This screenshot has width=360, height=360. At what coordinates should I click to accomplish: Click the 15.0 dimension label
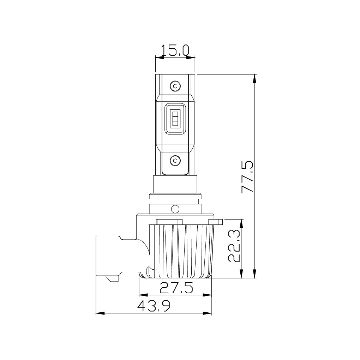click(175, 51)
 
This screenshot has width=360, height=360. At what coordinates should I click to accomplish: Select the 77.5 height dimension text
click(247, 177)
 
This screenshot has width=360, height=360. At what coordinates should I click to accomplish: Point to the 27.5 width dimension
click(176, 288)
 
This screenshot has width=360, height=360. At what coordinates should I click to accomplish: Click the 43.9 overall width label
click(154, 306)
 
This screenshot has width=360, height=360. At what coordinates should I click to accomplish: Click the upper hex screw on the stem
click(175, 86)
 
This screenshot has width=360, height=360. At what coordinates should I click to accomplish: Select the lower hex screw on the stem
click(175, 161)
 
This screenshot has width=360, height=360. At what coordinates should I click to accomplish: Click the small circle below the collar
click(175, 209)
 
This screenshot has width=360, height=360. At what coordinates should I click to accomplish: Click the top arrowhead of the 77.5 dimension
click(255, 78)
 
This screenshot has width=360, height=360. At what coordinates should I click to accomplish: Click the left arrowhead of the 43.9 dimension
click(99, 313)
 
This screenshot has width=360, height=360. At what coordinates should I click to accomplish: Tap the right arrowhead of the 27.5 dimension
click(209, 295)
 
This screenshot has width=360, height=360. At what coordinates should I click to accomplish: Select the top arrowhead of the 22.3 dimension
click(241, 223)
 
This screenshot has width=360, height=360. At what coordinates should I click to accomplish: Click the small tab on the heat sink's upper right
click(216, 222)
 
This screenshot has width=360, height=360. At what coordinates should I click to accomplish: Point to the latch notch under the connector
click(114, 279)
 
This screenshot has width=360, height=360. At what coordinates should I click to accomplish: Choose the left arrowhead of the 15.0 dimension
click(158, 57)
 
